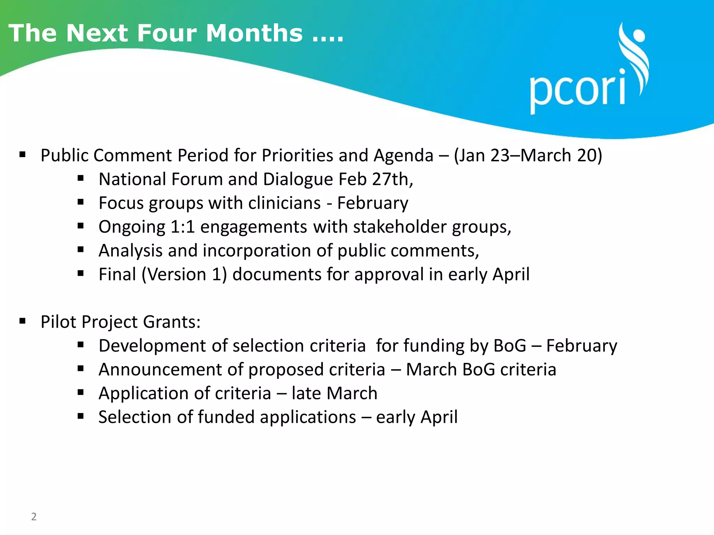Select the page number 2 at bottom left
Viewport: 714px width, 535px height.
click(34, 516)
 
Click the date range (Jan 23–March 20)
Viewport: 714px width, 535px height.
click(528, 155)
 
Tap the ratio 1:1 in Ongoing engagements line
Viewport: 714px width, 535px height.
click(182, 227)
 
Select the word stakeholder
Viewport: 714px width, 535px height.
click(400, 227)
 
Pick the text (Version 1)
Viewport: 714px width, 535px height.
click(184, 274)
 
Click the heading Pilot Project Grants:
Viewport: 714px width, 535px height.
click(121, 322)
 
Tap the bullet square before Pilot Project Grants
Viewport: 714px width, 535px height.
click(23, 321)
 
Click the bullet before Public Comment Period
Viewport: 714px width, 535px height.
click(23, 154)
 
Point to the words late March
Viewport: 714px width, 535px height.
click(334, 393)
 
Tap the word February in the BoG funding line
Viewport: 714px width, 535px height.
click(582, 346)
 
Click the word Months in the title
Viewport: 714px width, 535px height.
click(254, 33)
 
